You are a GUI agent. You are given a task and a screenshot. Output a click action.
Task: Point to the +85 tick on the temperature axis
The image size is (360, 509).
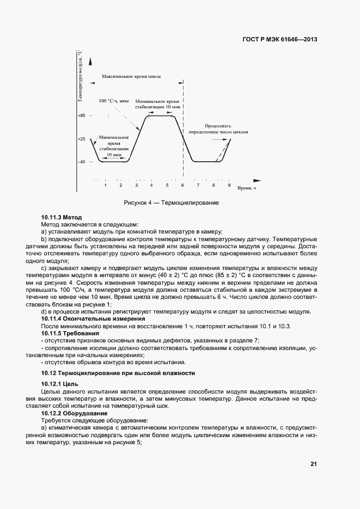(82, 116)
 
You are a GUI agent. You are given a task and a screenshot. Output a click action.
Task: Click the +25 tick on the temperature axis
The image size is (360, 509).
(82, 139)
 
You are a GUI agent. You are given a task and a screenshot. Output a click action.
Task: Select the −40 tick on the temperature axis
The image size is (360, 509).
(82, 162)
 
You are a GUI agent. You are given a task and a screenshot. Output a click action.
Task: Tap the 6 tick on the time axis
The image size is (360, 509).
(182, 186)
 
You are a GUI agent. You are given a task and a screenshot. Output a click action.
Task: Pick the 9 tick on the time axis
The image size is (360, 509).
(229, 186)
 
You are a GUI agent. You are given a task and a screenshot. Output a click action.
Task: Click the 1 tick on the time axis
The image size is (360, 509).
(106, 186)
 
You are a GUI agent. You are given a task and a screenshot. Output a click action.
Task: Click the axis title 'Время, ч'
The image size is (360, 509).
(246, 188)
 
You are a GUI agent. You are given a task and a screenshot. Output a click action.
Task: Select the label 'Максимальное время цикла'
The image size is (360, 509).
(131, 77)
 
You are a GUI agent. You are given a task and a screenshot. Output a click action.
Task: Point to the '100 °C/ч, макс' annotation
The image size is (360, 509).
(114, 101)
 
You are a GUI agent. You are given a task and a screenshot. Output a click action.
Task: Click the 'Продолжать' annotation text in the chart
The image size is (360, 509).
(218, 125)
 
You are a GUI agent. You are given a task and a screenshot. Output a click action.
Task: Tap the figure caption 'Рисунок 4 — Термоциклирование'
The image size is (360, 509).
(171, 203)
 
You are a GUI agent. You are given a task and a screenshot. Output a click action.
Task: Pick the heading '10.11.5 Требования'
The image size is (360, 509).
(70, 333)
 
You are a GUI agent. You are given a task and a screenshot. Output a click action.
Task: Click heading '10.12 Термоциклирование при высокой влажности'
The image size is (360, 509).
(118, 373)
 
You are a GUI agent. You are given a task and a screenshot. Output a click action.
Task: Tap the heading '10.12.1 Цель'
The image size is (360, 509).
(60, 384)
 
